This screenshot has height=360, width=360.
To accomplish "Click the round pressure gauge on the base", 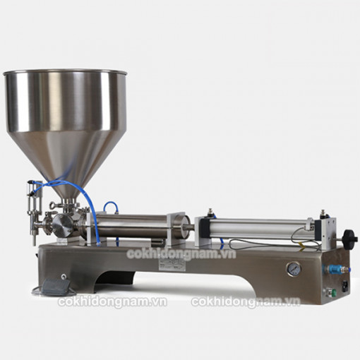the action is pyautogui.click(x=294, y=269).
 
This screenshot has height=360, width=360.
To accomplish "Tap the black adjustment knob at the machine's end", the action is pyautogui.click(x=347, y=239).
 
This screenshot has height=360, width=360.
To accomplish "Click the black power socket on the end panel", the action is pyautogui.click(x=346, y=287).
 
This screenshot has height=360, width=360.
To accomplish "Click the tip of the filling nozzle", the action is pyautogui.click(x=35, y=244).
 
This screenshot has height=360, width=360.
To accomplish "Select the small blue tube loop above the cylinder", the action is pyautogui.click(x=111, y=207).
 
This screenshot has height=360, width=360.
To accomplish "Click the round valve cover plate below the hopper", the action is pyautogui.click(x=62, y=225).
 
